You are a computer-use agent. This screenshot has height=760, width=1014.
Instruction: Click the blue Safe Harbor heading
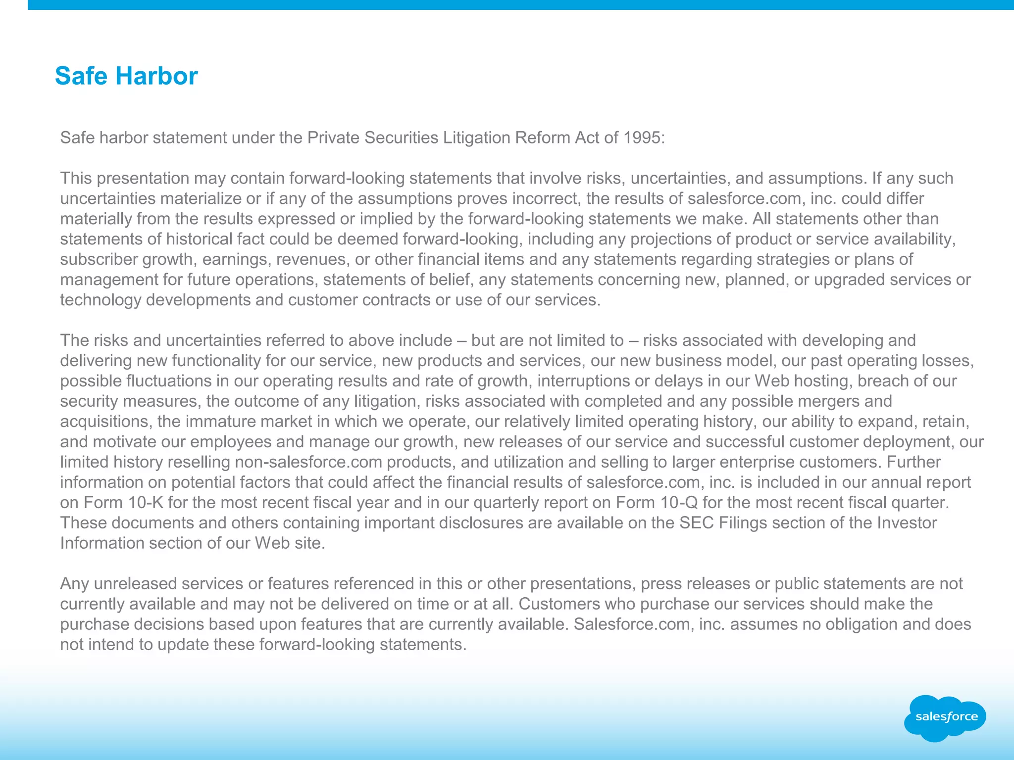tap(126, 76)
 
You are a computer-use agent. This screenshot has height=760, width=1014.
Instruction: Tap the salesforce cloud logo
tap(946, 717)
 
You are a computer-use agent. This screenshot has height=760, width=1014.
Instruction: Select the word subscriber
tap(99, 259)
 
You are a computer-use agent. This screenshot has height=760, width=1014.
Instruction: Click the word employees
tap(230, 442)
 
